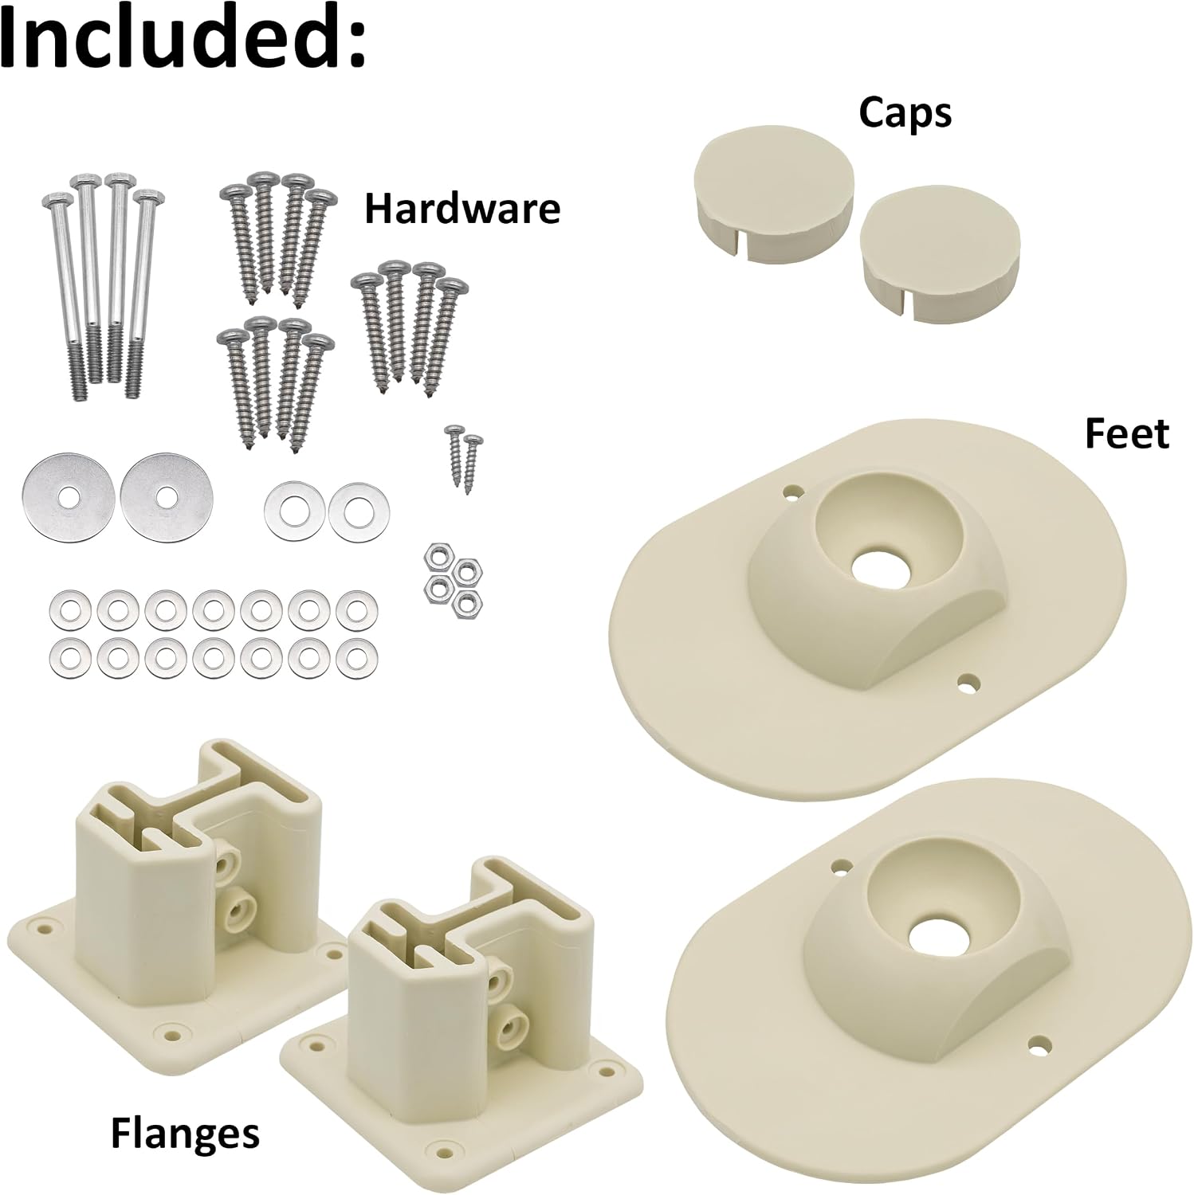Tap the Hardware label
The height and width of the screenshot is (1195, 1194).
(x=462, y=209)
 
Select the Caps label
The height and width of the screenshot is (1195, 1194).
(x=905, y=113)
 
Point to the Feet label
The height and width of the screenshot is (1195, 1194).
(x=1127, y=434)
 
